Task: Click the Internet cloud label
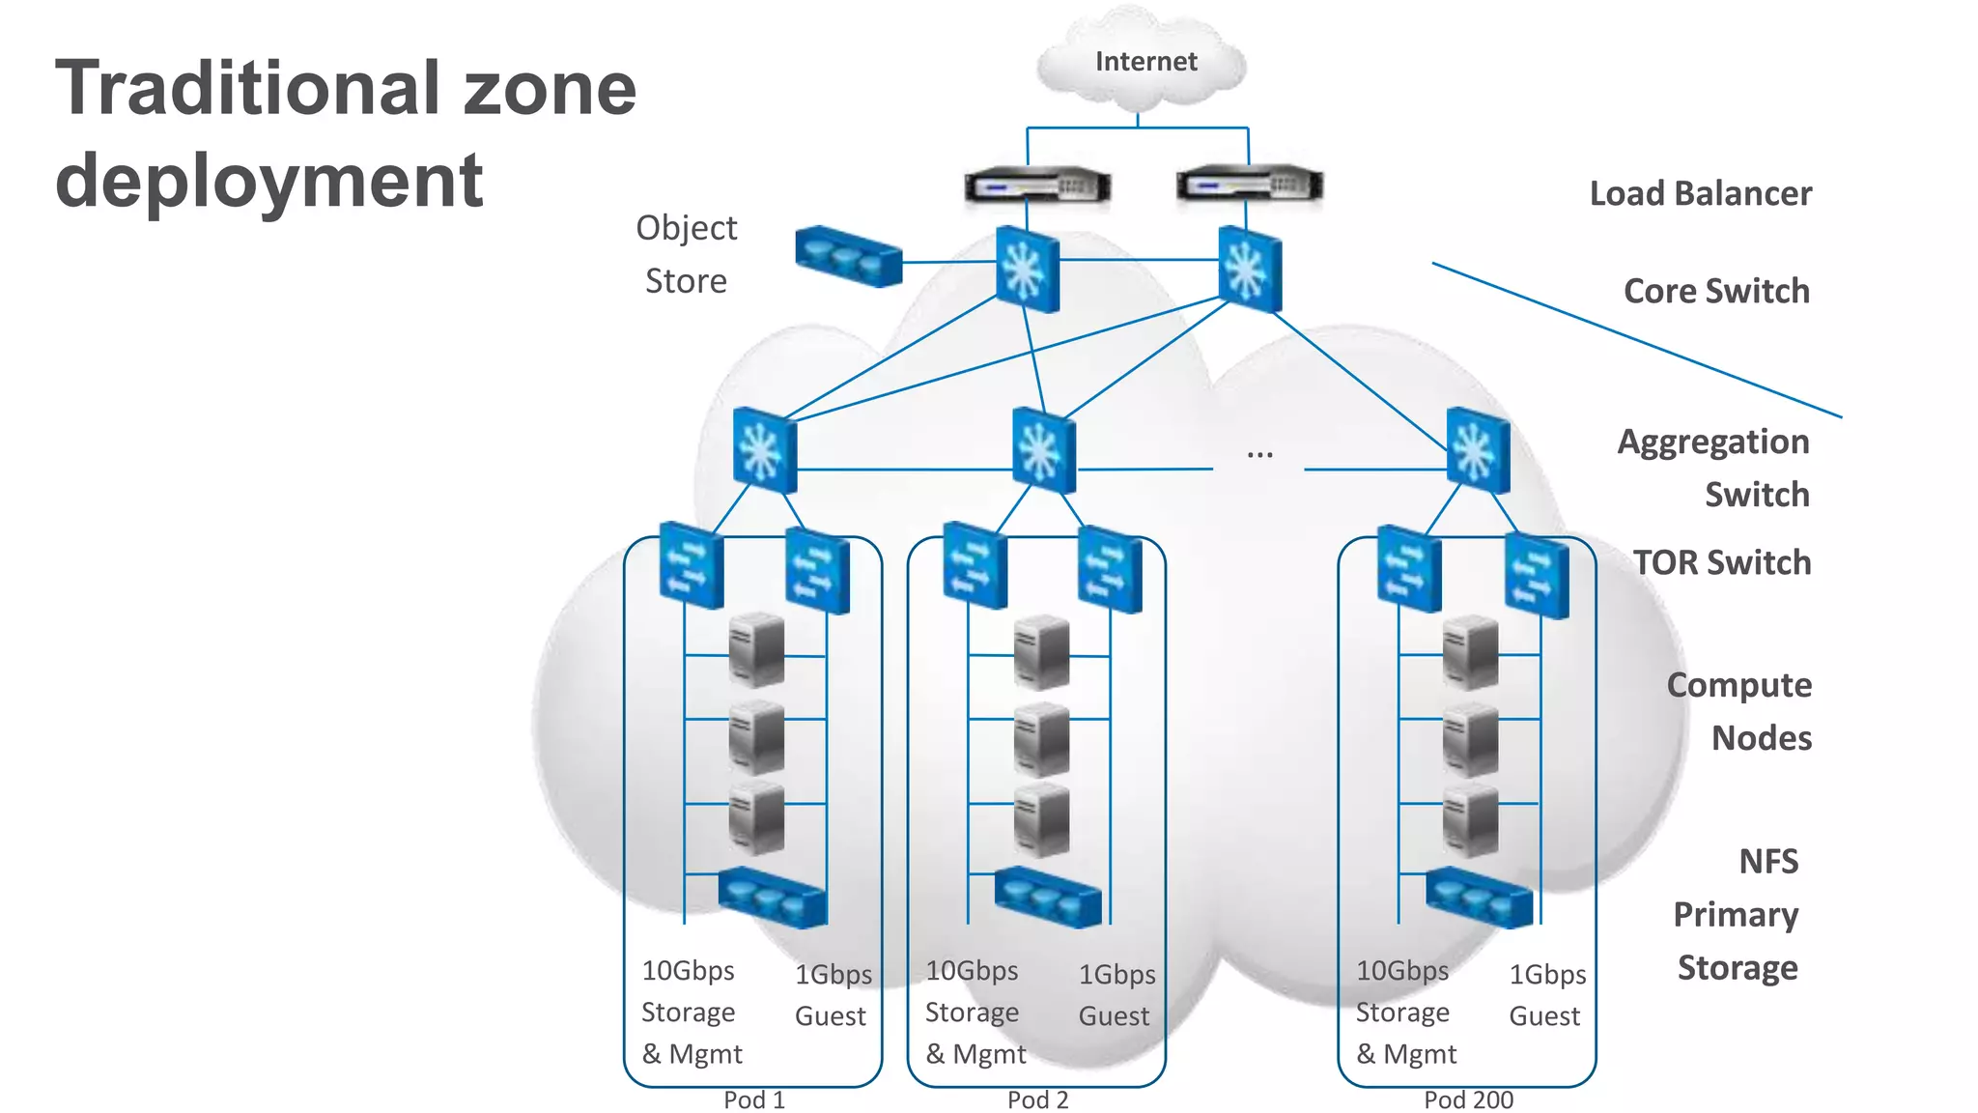[1145, 62]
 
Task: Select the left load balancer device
[1037, 185]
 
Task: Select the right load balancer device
[1249, 185]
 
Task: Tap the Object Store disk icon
[849, 256]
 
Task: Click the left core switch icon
[1028, 270]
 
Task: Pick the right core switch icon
[1250, 270]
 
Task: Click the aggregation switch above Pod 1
[765, 451]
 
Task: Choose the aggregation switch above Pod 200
[1478, 451]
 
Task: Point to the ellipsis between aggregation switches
[1259, 453]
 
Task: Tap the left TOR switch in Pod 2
[975, 565]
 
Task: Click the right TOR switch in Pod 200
[1537, 578]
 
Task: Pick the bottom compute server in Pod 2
[1041, 820]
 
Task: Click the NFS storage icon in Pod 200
[1479, 898]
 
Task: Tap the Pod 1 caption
[754, 1099]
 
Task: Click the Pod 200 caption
[1468, 1099]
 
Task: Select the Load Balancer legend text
[1700, 194]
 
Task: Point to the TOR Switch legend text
[1722, 562]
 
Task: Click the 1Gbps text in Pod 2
[1116, 975]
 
